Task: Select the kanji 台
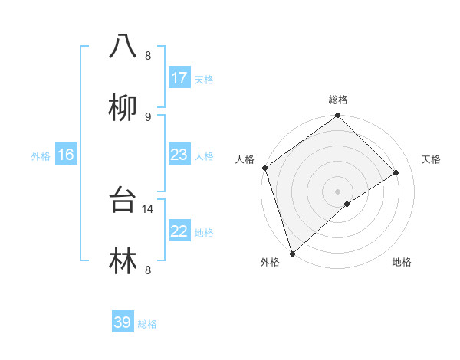(x=123, y=200)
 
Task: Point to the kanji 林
(x=123, y=260)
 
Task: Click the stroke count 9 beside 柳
(x=148, y=116)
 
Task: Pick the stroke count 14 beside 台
(x=149, y=208)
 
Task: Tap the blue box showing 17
(x=179, y=77)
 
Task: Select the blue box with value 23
(x=179, y=155)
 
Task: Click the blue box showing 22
(x=179, y=231)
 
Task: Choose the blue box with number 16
(x=66, y=155)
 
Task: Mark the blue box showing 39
(x=123, y=322)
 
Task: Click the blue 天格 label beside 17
(x=204, y=79)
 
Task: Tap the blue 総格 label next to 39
(x=147, y=324)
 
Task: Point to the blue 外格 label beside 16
(x=41, y=155)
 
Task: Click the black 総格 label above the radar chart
(x=338, y=100)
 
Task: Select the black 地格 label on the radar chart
(x=402, y=262)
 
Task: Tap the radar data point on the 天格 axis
(x=396, y=172)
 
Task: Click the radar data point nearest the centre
(x=347, y=204)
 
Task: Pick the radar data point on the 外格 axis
(x=291, y=253)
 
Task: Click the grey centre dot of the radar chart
(x=337, y=190)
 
